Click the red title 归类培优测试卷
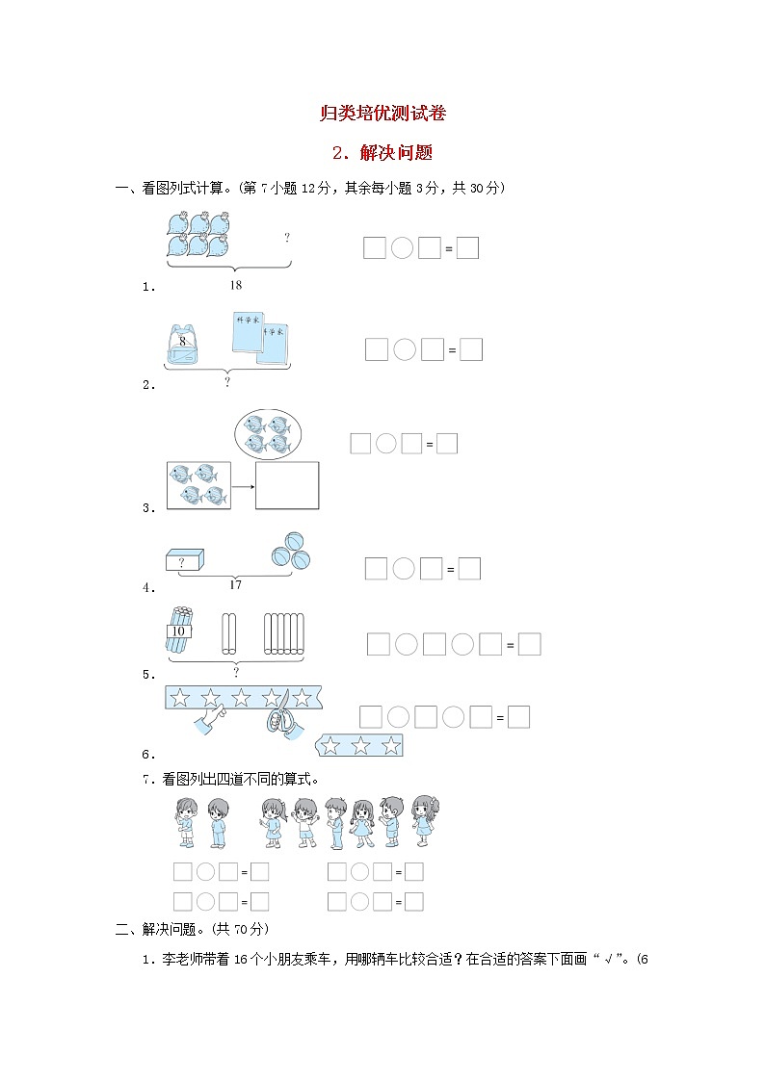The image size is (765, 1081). (x=382, y=114)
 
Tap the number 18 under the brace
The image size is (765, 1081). (x=236, y=285)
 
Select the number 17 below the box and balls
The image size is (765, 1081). (x=235, y=584)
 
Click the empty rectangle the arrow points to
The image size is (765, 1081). (x=287, y=486)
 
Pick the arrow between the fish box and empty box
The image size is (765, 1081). (x=241, y=486)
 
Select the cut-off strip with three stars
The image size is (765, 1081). (x=359, y=744)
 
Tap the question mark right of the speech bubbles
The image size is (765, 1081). (x=286, y=237)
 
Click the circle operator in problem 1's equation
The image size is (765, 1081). (x=403, y=248)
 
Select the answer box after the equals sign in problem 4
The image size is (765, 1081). (x=469, y=569)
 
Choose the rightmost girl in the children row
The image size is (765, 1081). (x=425, y=820)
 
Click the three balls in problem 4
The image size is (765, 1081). (x=290, y=551)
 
